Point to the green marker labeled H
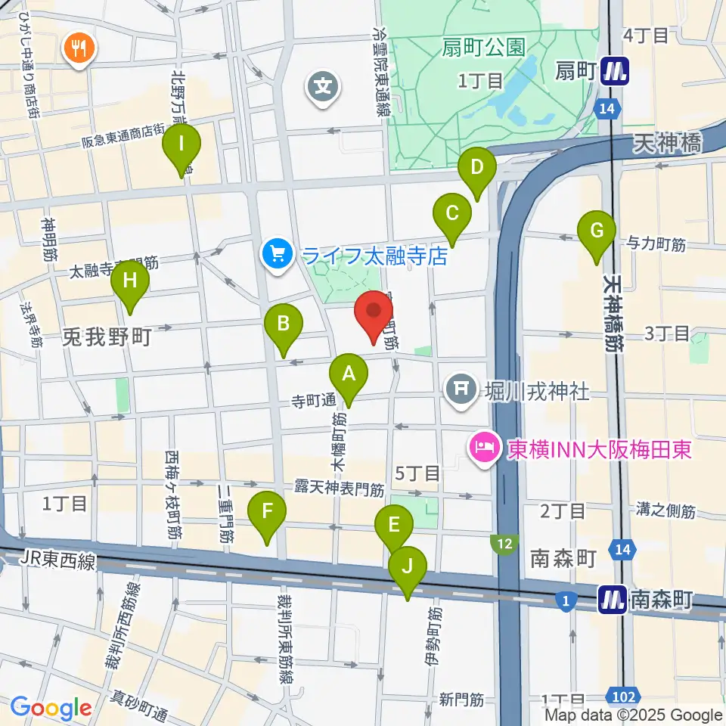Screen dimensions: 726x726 (130, 283)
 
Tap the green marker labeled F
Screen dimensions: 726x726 (268, 513)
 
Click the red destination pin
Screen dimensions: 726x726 (374, 314)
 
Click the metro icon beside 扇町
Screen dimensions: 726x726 (613, 71)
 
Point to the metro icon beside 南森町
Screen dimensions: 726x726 (612, 600)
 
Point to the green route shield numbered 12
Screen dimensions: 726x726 (504, 542)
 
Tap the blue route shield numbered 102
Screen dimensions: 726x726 (625, 694)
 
